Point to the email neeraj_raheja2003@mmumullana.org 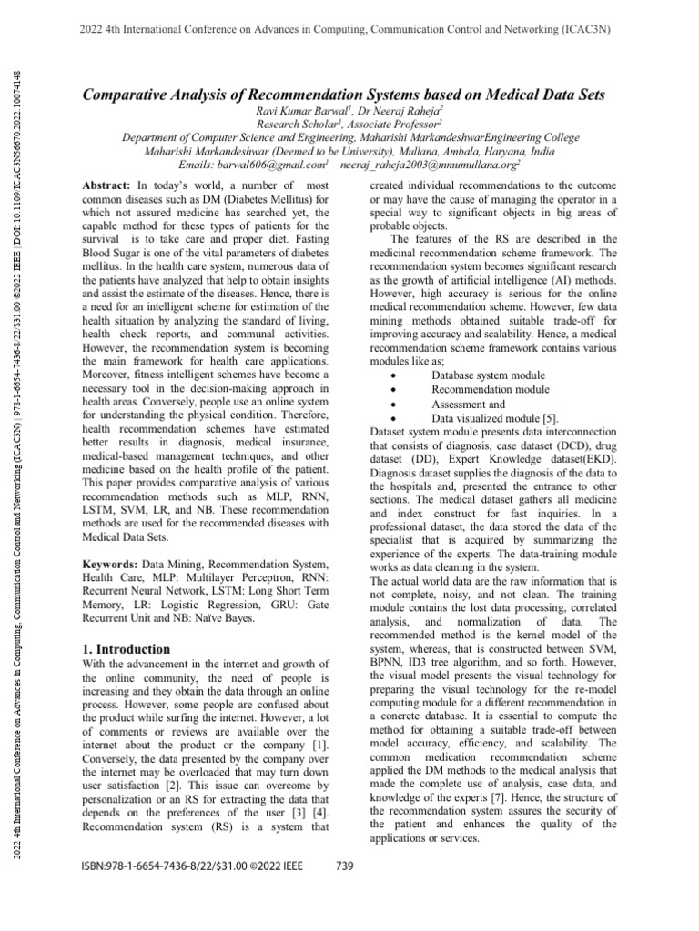point(427,165)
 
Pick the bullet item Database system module point(488,375)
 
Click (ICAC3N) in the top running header point(580,28)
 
